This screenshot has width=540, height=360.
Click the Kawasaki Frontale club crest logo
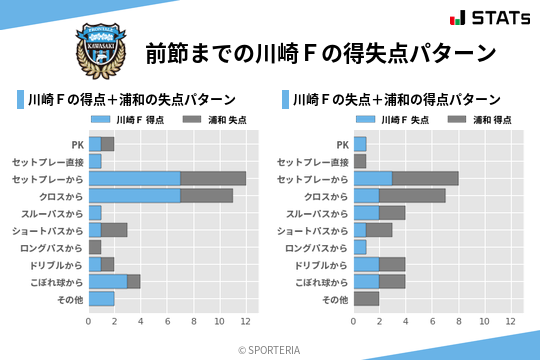pos(99,48)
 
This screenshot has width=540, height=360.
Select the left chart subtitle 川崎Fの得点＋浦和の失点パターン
pos(132,100)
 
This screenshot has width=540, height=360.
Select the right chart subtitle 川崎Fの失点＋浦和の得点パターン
pos(396,100)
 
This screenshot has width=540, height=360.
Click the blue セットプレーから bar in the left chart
pos(134,178)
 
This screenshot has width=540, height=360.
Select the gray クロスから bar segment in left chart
pos(206,195)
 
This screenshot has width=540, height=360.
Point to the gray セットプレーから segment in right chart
pos(425,178)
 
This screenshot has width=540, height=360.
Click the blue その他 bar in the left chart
pos(101,298)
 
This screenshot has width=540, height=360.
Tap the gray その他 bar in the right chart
pos(366,298)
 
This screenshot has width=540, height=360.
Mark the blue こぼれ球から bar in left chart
pos(108,281)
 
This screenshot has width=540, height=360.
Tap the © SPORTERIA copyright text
pos(270,349)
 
